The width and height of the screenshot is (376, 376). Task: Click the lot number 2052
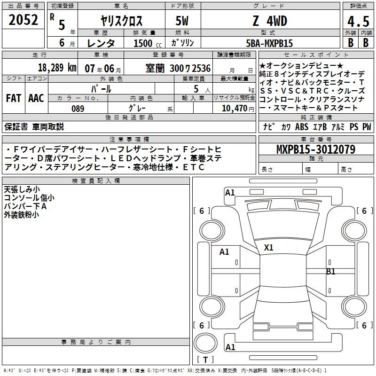23,20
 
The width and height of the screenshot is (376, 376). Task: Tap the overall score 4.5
358,21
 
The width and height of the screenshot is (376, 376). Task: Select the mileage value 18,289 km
57,68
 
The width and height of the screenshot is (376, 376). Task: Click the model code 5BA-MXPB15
269,43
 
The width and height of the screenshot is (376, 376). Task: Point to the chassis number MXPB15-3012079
316,149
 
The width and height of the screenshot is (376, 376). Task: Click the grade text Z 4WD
270,21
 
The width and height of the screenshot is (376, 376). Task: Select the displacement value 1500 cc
148,43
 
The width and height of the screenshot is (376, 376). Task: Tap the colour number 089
78,109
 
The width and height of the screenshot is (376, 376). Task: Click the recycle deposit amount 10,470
235,109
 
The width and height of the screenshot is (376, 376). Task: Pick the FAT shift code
14,98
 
